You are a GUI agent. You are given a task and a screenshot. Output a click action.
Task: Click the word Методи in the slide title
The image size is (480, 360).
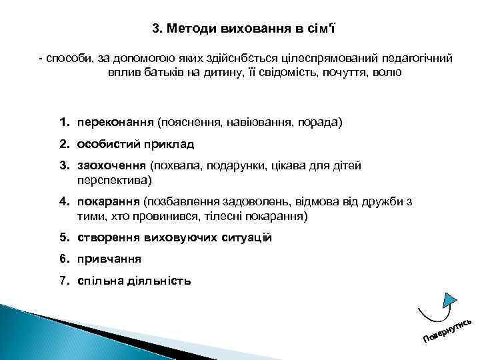(x=191, y=29)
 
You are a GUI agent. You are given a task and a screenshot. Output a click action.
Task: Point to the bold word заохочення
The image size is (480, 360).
(x=112, y=165)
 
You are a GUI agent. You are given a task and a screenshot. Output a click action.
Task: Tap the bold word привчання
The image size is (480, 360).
(x=110, y=259)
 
